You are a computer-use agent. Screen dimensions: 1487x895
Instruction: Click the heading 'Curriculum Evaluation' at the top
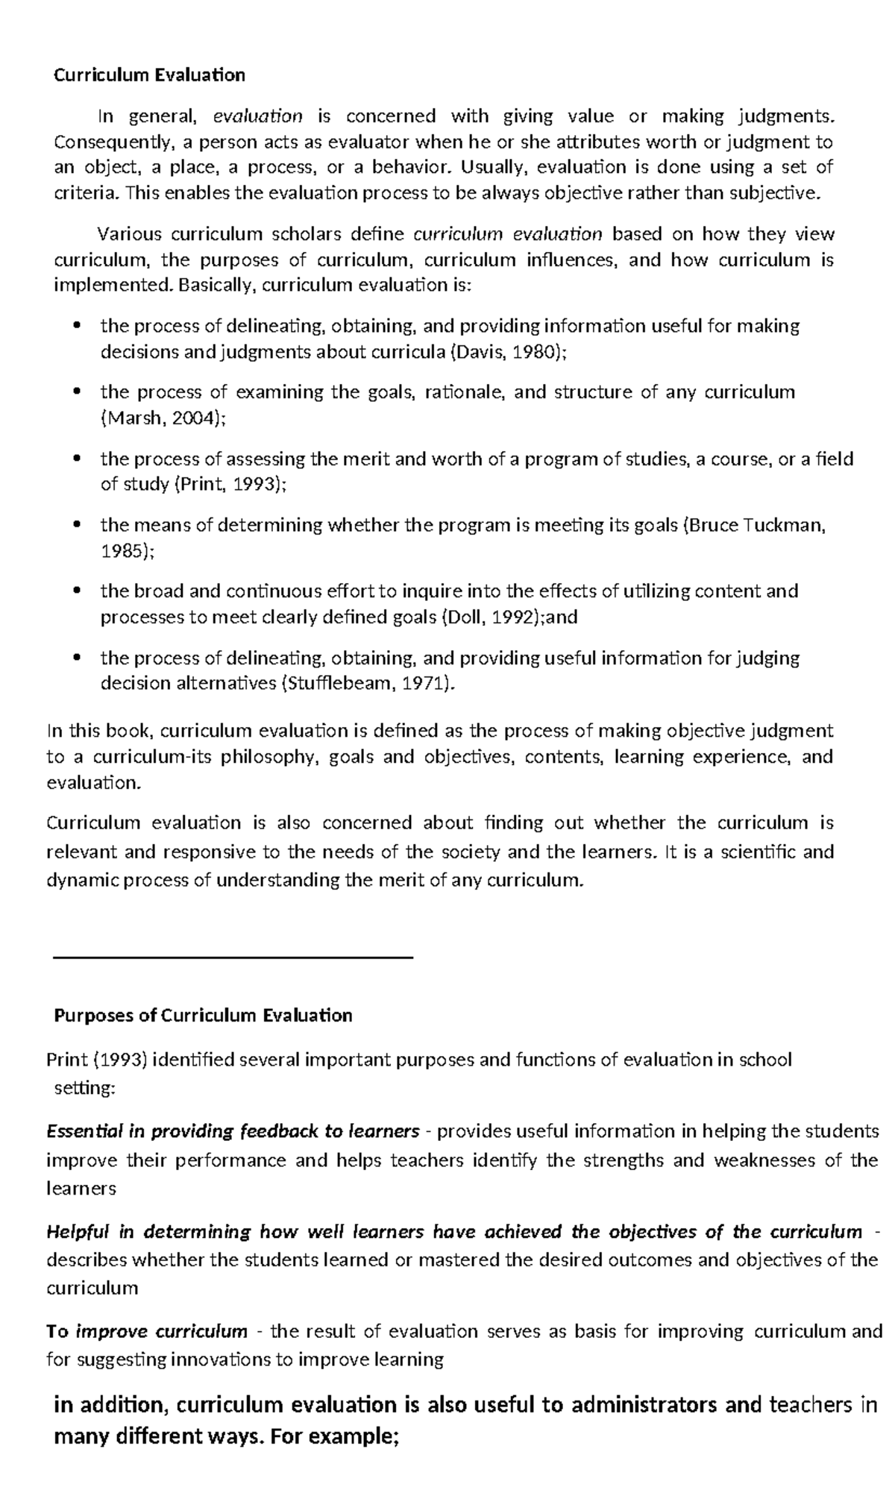point(149,75)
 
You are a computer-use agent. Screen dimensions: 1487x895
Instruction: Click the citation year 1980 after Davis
point(537,352)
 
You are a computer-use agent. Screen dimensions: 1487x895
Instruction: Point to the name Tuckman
point(789,525)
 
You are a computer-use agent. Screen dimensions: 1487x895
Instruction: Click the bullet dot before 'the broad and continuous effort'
point(77,592)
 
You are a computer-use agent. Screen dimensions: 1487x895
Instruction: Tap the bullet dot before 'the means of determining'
point(77,526)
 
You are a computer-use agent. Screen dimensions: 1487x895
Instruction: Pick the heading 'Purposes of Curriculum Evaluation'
point(203,1016)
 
